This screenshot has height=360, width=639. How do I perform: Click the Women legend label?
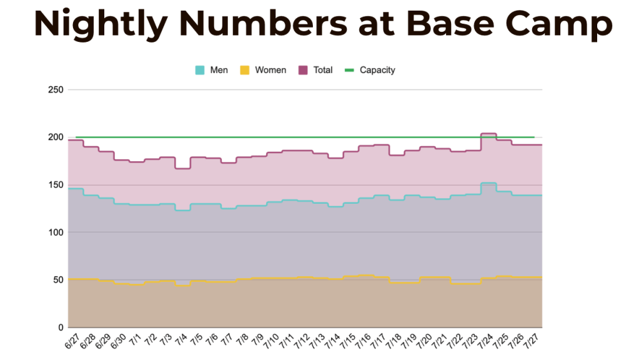[270, 70]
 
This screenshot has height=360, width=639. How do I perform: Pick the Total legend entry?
[323, 70]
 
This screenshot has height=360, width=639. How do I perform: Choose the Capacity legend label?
[377, 70]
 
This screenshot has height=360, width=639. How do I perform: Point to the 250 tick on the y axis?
[56, 90]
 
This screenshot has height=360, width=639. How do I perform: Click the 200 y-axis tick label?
[56, 137]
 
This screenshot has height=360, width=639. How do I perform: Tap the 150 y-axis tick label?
[56, 185]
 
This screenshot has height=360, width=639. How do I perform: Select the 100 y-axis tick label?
[56, 232]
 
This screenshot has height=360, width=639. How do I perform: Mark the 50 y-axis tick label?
[58, 280]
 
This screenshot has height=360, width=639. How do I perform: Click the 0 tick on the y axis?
[61, 327]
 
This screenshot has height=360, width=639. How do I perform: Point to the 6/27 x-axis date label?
[72, 341]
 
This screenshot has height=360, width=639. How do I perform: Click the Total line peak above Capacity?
[488, 134]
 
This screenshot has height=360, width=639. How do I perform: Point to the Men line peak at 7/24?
[488, 183]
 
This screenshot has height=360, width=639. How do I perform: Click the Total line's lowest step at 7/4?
[182, 168]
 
